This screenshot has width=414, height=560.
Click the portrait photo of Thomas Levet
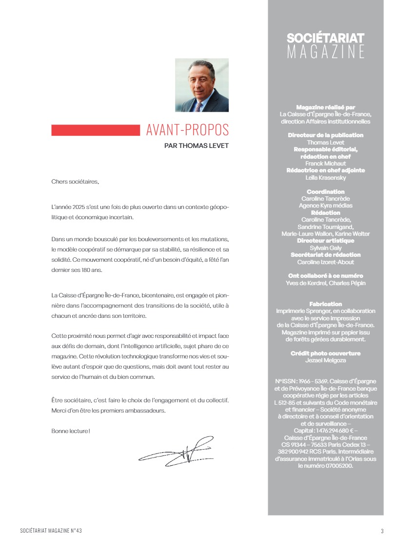[201, 85]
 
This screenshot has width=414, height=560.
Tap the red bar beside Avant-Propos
[96, 130]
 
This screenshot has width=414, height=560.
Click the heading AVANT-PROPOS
[187, 130]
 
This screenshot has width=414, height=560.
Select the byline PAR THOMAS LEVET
[197, 145]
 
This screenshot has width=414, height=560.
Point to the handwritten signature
[177, 450]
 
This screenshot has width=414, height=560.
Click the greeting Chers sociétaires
[75, 182]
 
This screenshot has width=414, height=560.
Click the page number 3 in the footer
[382, 531]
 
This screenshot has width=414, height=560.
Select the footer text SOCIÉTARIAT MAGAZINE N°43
[55, 531]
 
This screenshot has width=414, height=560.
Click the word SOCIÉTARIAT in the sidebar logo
[325, 38]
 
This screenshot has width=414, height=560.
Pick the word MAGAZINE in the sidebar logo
[325, 52]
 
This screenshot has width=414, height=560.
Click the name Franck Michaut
[325, 164]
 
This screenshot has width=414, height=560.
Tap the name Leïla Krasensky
[325, 178]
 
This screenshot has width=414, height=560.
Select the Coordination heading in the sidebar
[325, 192]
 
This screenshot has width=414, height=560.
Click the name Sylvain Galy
[325, 248]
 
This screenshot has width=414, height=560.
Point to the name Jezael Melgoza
[325, 360]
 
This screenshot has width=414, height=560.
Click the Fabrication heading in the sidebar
[325, 304]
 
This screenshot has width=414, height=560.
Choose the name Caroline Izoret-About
[325, 262]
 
